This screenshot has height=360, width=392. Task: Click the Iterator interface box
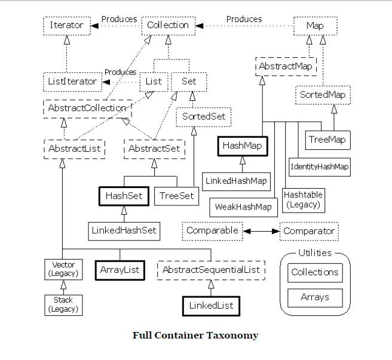click(66, 26)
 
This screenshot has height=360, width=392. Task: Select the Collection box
click(168, 25)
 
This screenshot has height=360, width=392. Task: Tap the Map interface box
click(315, 26)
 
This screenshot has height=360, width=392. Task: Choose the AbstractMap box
click(286, 66)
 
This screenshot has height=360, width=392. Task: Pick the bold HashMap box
click(242, 145)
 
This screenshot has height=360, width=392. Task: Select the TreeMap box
click(327, 140)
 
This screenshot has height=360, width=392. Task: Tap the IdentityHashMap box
click(319, 167)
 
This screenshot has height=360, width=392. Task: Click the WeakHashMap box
click(243, 207)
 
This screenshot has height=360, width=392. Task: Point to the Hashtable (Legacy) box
click(303, 200)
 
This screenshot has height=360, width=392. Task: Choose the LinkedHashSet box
click(124, 230)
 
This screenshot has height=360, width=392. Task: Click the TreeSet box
click(177, 196)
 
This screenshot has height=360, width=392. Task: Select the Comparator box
click(309, 231)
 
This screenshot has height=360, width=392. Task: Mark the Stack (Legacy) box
click(63, 304)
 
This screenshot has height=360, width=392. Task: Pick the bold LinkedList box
click(210, 306)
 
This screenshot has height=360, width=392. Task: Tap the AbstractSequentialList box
click(212, 270)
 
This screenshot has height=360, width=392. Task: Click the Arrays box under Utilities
click(314, 297)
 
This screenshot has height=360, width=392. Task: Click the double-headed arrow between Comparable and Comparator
click(261, 230)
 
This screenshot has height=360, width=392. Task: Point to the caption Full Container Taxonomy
click(195, 335)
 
